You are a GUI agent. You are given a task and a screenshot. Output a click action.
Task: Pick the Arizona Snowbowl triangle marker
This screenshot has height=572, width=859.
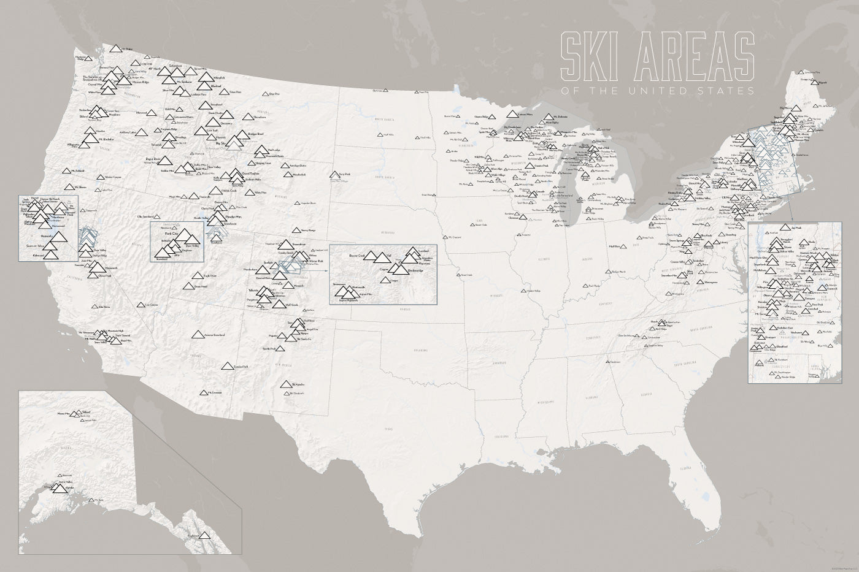pos(197,335)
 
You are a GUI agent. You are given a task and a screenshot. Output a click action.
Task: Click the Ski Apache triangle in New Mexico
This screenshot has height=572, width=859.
pos(286,384)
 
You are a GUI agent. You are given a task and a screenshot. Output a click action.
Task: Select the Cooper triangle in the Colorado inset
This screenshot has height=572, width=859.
pos(385,280)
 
